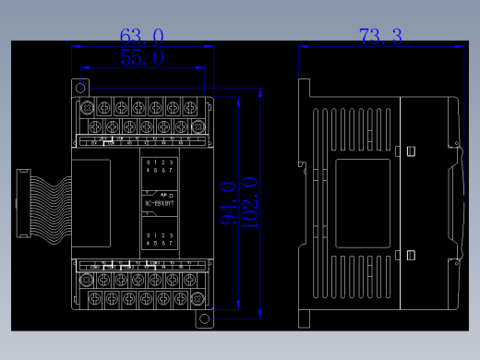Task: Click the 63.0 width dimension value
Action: tap(142, 37)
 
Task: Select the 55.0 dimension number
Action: tap(142, 58)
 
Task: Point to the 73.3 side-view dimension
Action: tap(380, 37)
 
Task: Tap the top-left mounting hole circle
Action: tap(80, 88)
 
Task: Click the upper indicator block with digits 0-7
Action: tap(158, 166)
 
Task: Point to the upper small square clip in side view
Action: tap(411, 150)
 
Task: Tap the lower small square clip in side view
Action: tap(411, 255)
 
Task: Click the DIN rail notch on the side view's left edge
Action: tap(302, 167)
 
